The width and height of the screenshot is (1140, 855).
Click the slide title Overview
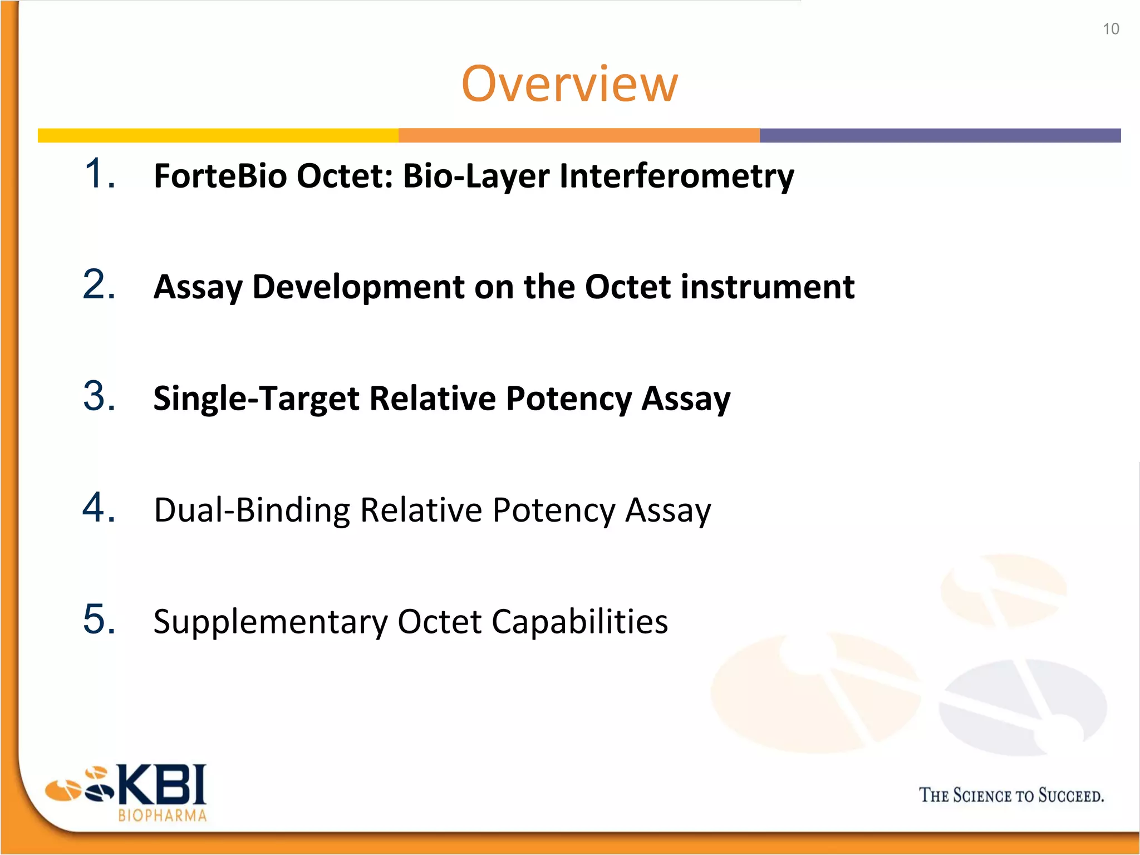tap(569, 84)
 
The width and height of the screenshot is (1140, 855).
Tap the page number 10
tap(1110, 29)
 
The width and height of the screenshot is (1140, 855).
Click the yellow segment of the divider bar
tap(218, 135)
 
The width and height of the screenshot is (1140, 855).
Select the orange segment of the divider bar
tap(579, 135)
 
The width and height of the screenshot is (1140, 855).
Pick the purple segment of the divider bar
tap(940, 135)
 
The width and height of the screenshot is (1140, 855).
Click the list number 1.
tap(100, 174)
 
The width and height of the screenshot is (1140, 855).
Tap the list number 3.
tap(100, 396)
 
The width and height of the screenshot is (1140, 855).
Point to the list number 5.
tap(100, 619)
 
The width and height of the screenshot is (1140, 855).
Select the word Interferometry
tap(676, 177)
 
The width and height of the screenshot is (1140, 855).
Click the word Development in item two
tap(358, 287)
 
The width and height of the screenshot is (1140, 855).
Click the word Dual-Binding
tap(252, 511)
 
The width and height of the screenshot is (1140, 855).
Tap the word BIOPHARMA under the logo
tap(163, 816)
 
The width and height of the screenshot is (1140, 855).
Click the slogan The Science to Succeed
tap(1011, 795)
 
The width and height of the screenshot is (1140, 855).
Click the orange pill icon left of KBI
tap(63, 789)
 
